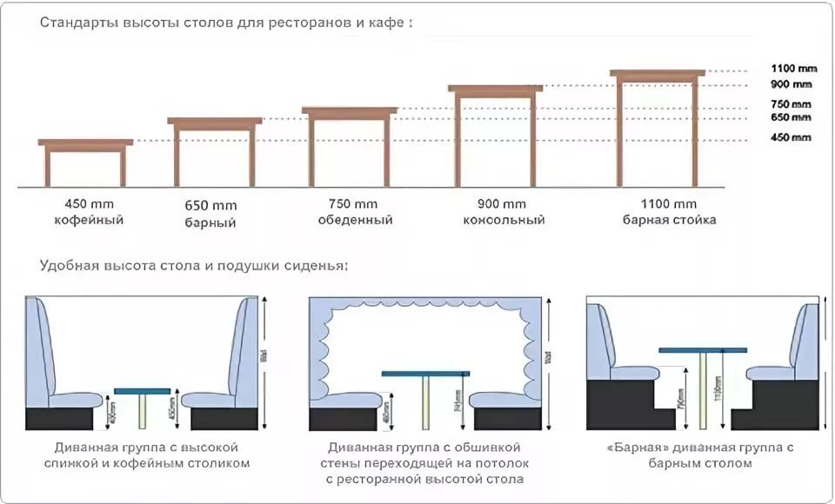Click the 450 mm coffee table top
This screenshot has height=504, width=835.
tap(85, 142)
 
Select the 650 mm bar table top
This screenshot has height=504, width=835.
tap(214, 121)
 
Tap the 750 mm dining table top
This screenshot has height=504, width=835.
tap(349, 110)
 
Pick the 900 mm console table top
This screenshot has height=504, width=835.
tap(495, 88)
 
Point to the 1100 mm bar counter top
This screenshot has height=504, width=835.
tap(657, 73)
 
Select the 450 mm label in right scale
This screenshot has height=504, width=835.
tap(791, 137)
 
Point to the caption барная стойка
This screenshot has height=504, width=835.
tap(669, 220)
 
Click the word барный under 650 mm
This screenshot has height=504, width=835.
tap(210, 222)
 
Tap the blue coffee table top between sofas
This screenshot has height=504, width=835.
tap(143, 390)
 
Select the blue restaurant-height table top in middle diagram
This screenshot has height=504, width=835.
tap(425, 374)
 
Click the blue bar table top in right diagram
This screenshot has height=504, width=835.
tap(702, 349)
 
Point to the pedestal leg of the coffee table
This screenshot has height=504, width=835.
tap(143, 411)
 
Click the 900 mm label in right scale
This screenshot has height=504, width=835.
tap(791, 84)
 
